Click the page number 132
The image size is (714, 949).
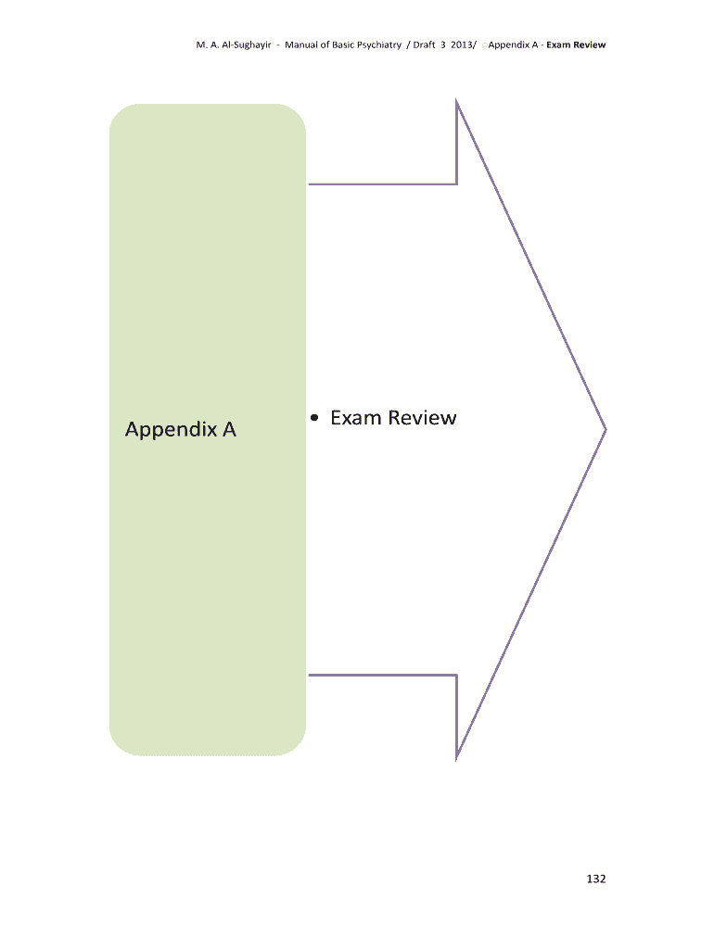(595, 879)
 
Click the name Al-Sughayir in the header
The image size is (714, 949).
(241, 44)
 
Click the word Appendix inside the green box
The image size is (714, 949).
(169, 430)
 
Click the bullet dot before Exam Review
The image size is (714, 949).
(316, 419)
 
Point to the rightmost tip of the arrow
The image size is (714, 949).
(606, 429)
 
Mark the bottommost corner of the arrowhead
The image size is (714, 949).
(457, 758)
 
